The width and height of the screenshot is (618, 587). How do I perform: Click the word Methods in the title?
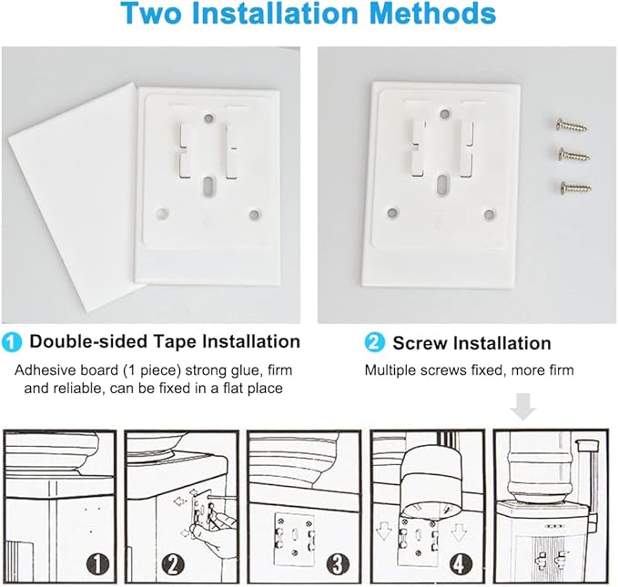point(433,14)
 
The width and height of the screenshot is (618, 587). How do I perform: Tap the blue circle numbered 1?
point(12,342)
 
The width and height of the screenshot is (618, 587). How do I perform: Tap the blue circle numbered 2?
point(374,342)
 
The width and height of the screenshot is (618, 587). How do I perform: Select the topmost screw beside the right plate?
point(571,126)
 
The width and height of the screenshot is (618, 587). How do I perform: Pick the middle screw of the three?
point(573,155)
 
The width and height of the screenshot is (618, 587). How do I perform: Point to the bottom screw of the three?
point(575,187)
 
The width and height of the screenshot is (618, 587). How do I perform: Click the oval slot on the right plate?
point(443,184)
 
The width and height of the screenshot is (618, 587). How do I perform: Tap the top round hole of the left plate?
point(208,117)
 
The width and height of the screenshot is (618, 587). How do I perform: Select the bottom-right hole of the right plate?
point(489,215)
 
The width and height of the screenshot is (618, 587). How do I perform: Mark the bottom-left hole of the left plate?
point(162,214)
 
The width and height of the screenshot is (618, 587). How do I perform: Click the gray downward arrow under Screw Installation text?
point(523,407)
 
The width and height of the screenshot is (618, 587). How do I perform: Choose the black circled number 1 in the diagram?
point(97,563)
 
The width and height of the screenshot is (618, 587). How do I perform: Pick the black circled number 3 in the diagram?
point(339,563)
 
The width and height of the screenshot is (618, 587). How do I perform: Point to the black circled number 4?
point(460,563)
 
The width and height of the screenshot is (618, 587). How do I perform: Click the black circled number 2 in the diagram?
point(173,563)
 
